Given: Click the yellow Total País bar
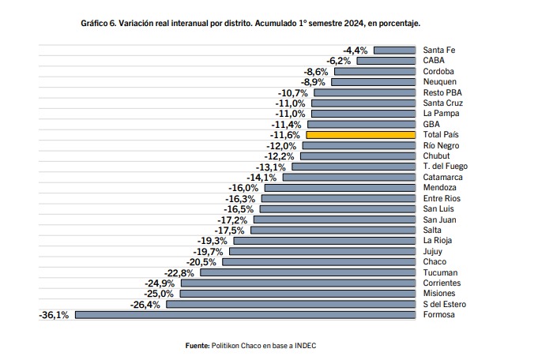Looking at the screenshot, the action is point(360,135).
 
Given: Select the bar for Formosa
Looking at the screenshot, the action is point(246,315).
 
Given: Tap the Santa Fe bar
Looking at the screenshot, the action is point(394,51).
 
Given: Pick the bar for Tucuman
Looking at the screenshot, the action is point(308,272).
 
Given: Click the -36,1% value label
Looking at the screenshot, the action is point(54,315).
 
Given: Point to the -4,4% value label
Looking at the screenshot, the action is point(356,51).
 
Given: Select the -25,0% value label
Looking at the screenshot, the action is point(159,294).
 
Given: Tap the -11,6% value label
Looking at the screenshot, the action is point(284,135).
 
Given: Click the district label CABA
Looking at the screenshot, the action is point(434,60).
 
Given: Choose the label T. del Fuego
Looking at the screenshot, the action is point(446,167).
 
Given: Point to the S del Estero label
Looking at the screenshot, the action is point(445,304).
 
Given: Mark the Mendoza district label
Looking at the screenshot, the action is point(440,188).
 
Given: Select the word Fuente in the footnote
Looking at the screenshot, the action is point(198,346).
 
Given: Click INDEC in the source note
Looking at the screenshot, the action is point(306,346).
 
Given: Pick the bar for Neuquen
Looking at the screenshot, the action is point(374,82).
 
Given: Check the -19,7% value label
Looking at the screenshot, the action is point(208,252).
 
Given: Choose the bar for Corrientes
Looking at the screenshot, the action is point(298,283).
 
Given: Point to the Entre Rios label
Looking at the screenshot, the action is point(442,198).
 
